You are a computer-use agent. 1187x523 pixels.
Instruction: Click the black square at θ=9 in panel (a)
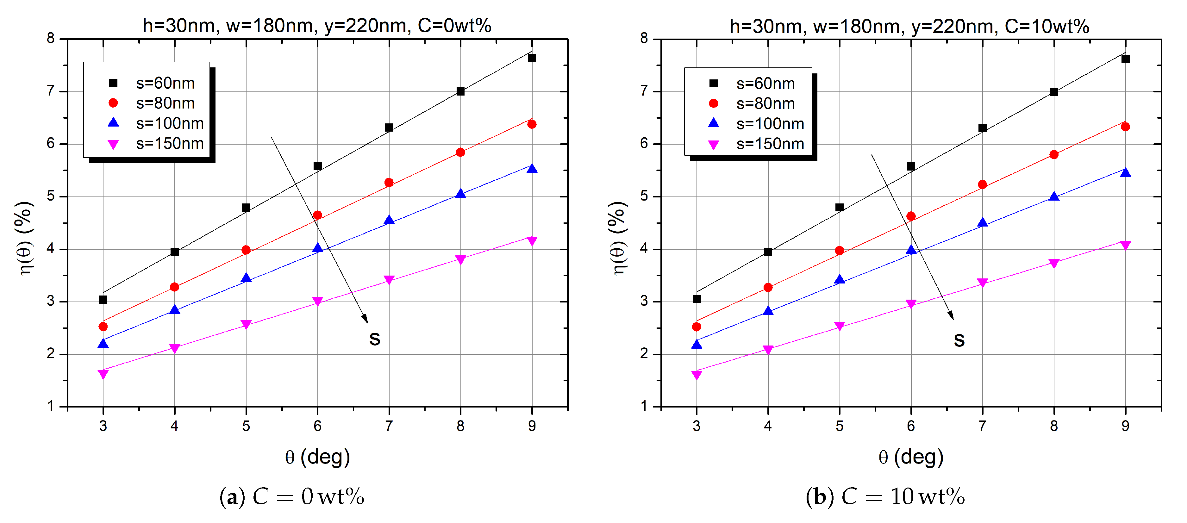tap(532, 58)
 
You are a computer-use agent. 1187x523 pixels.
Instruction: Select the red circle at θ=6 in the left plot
tap(317, 215)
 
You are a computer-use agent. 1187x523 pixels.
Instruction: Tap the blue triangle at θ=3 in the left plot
tap(103, 343)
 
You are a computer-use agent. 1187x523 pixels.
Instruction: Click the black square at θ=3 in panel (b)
tap(697, 299)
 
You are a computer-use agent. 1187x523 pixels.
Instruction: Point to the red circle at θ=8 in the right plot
tap(1054, 154)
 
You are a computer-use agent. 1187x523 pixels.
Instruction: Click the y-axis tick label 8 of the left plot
tap(51, 39)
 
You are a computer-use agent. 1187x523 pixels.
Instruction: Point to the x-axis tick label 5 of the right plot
tap(840, 426)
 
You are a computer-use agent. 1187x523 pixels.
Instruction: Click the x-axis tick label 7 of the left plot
tap(389, 426)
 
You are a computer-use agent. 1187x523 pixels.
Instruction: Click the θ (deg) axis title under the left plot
tap(317, 457)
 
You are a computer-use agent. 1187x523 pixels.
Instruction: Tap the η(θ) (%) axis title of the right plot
tap(619, 238)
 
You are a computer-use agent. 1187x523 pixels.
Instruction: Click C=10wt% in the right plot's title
tap(1046, 26)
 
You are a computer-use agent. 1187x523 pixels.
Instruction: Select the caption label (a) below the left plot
tap(229, 497)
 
